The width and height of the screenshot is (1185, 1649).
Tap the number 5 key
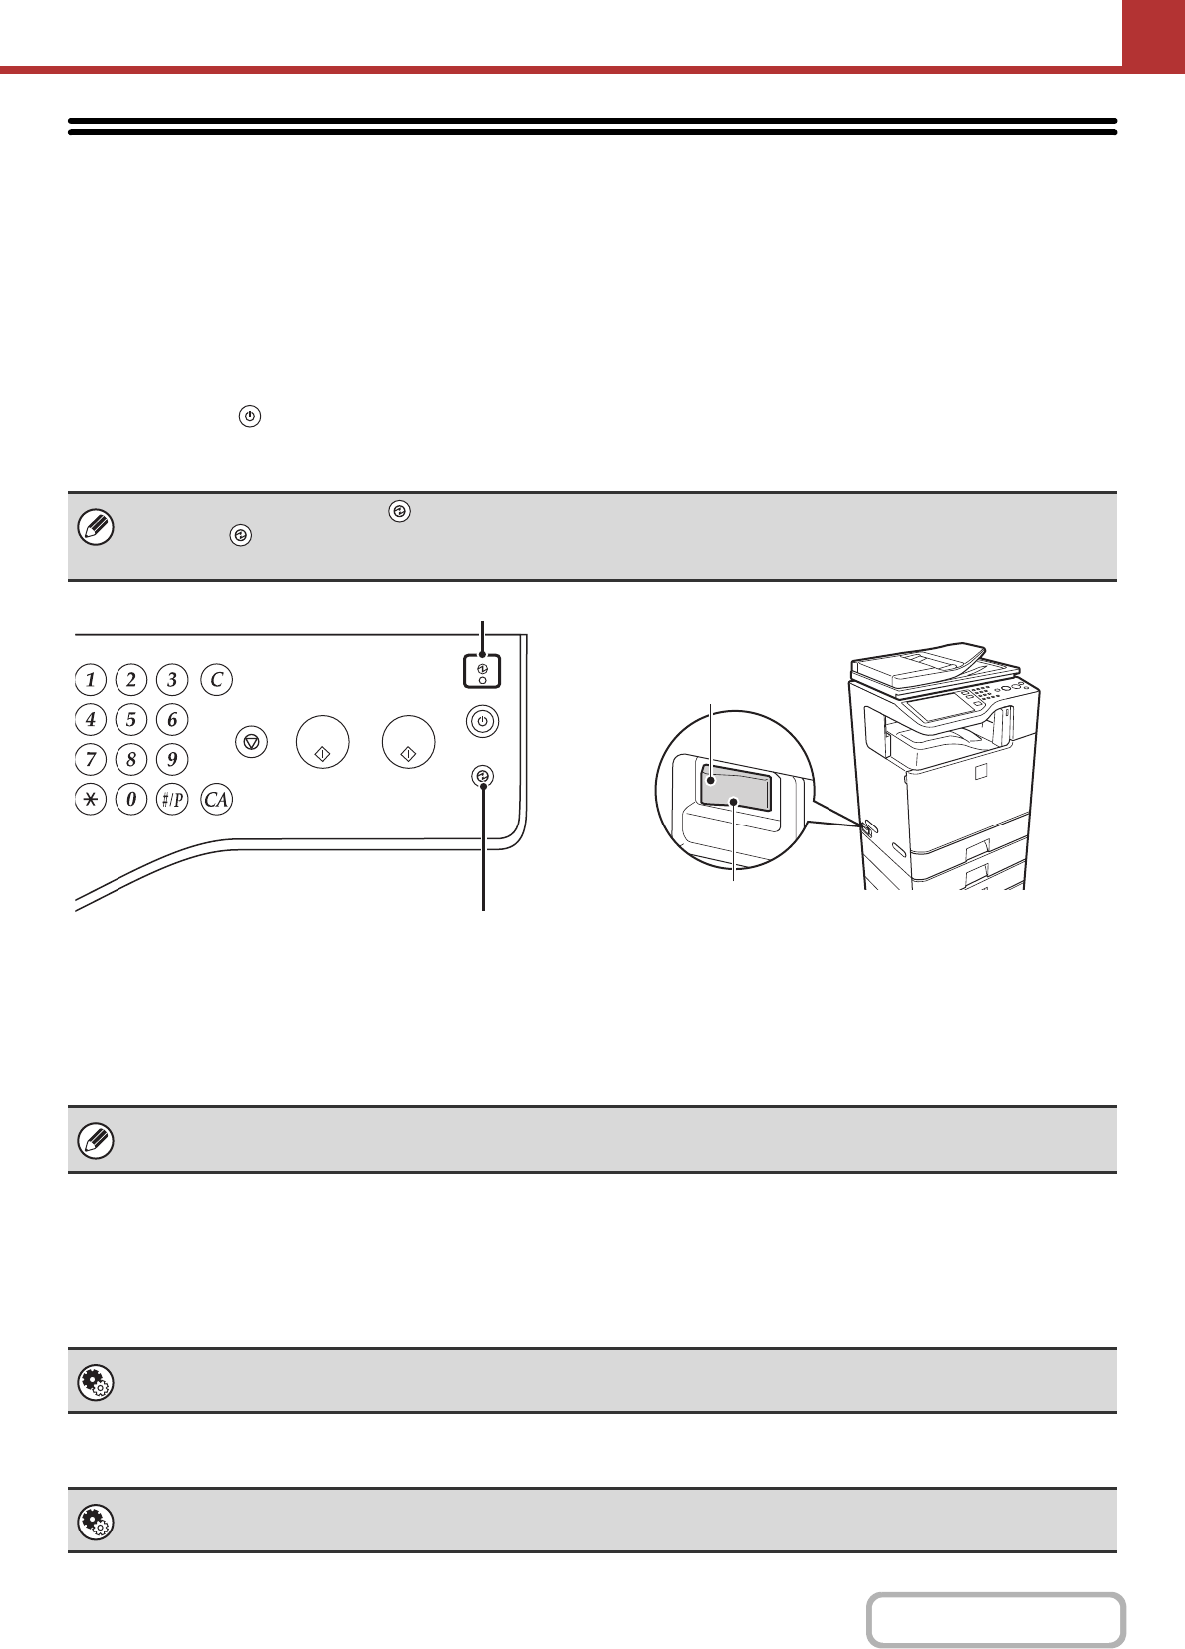[x=131, y=719]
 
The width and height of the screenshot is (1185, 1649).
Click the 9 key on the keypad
[x=172, y=759]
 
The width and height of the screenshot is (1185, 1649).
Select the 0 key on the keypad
[x=131, y=799]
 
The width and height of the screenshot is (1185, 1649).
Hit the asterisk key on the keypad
[x=91, y=799]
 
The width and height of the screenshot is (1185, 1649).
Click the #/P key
[x=172, y=799]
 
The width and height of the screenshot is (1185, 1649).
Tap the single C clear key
[x=216, y=679]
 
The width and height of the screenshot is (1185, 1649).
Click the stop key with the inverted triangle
[x=252, y=741]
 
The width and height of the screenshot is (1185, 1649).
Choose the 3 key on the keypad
[x=172, y=679]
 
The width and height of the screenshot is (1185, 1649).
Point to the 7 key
[x=91, y=759]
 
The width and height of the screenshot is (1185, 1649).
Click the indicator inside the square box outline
[x=482, y=670]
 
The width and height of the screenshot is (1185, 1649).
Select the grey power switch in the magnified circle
[x=736, y=790]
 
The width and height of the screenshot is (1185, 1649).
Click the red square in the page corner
[x=1154, y=33]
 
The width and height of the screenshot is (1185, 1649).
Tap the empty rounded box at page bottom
[x=997, y=1620]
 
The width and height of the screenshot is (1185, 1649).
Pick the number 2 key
[x=131, y=679]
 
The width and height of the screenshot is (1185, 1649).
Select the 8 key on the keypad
[x=131, y=759]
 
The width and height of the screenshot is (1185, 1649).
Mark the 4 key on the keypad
[x=91, y=719]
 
